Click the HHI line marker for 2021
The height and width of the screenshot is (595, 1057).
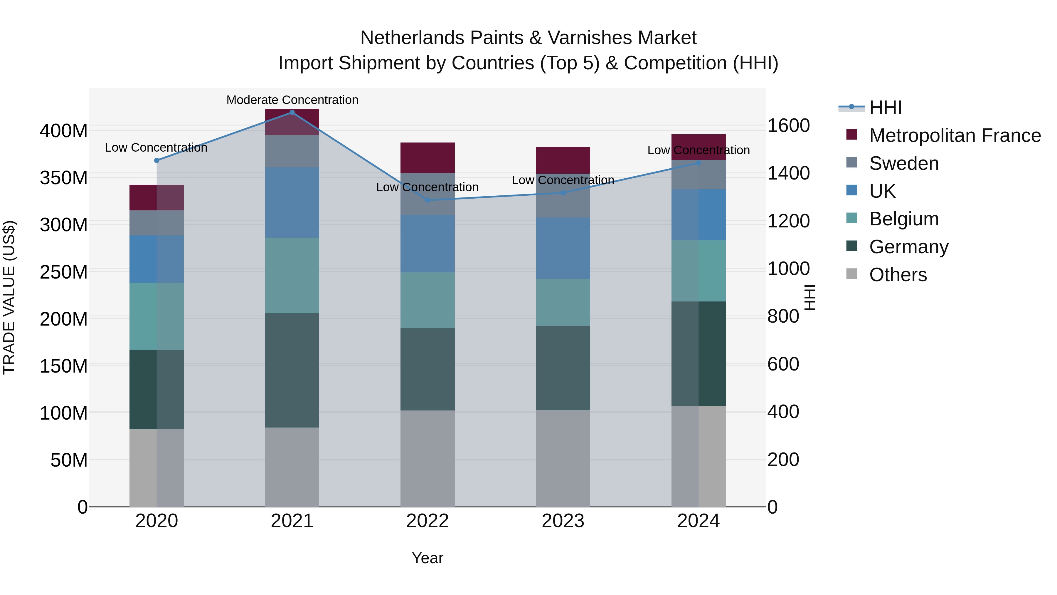click(x=292, y=113)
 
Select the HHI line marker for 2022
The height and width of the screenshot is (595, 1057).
click(x=427, y=200)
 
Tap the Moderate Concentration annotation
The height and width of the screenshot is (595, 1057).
click(x=292, y=100)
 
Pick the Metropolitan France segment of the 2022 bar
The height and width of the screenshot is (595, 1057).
click(x=427, y=158)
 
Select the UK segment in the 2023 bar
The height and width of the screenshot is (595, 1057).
click(x=563, y=248)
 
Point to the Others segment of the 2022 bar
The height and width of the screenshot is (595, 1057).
click(x=427, y=458)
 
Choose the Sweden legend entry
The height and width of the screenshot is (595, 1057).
click(x=903, y=163)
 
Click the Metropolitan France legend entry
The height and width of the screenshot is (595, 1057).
click(x=955, y=135)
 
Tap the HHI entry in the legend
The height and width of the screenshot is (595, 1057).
click(x=885, y=108)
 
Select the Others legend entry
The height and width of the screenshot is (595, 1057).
click(x=897, y=275)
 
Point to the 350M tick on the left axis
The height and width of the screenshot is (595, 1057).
click(x=64, y=178)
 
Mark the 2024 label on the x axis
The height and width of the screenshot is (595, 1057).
click(x=698, y=521)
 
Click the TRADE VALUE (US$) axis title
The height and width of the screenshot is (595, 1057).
click(x=9, y=297)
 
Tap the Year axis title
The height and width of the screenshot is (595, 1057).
click(x=427, y=558)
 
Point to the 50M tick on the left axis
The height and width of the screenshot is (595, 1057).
click(x=68, y=460)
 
